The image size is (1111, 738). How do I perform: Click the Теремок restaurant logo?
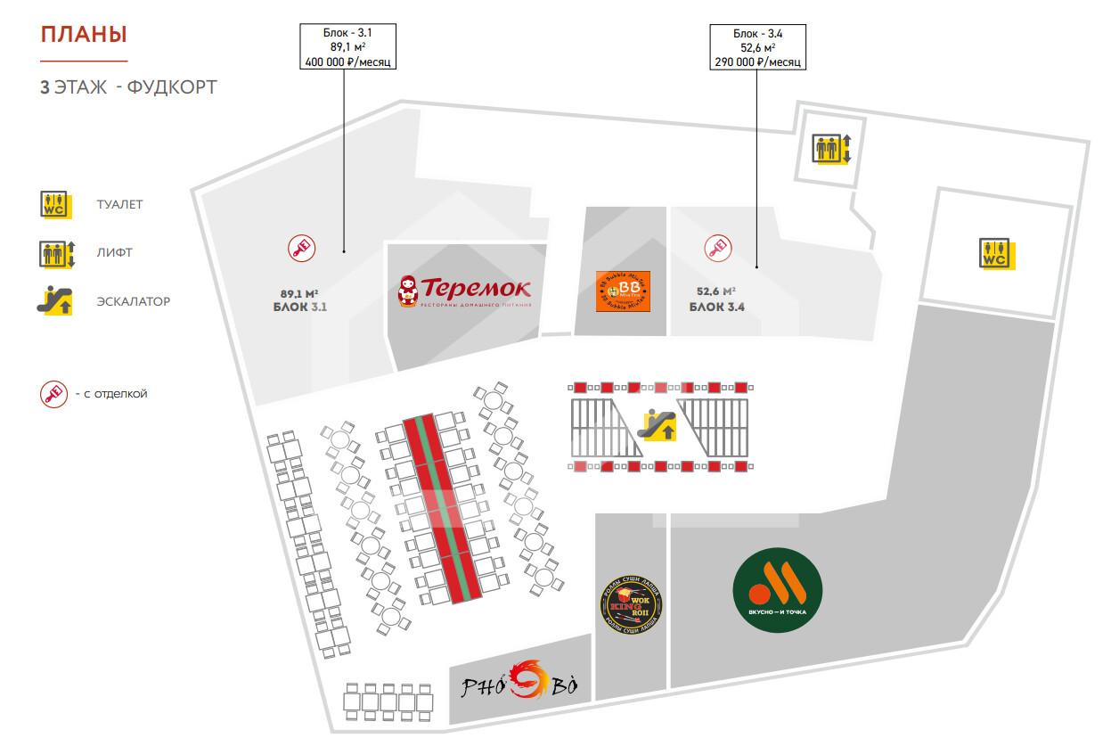point(465,291)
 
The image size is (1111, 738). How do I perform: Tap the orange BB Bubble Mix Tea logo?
point(623,291)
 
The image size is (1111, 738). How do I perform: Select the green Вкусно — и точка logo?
point(777,590)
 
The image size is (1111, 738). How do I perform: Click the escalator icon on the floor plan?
point(658,425)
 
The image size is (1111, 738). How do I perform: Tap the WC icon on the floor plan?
point(994,253)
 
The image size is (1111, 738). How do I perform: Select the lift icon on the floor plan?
point(832,148)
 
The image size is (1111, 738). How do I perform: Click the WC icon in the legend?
point(54,205)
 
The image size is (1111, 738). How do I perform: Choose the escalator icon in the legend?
point(54,301)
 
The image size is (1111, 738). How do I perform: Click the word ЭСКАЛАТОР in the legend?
point(134,301)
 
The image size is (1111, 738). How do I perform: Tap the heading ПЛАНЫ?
point(84,36)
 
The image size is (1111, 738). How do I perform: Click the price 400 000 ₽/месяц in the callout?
point(347,62)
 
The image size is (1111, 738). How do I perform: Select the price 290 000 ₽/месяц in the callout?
point(757,62)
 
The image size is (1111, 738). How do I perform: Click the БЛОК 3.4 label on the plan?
point(716,307)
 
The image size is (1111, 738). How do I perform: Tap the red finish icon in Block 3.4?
point(717,248)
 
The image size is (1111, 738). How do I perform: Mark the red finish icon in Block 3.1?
point(301,248)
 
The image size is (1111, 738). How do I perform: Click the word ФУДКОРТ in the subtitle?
point(172,87)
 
